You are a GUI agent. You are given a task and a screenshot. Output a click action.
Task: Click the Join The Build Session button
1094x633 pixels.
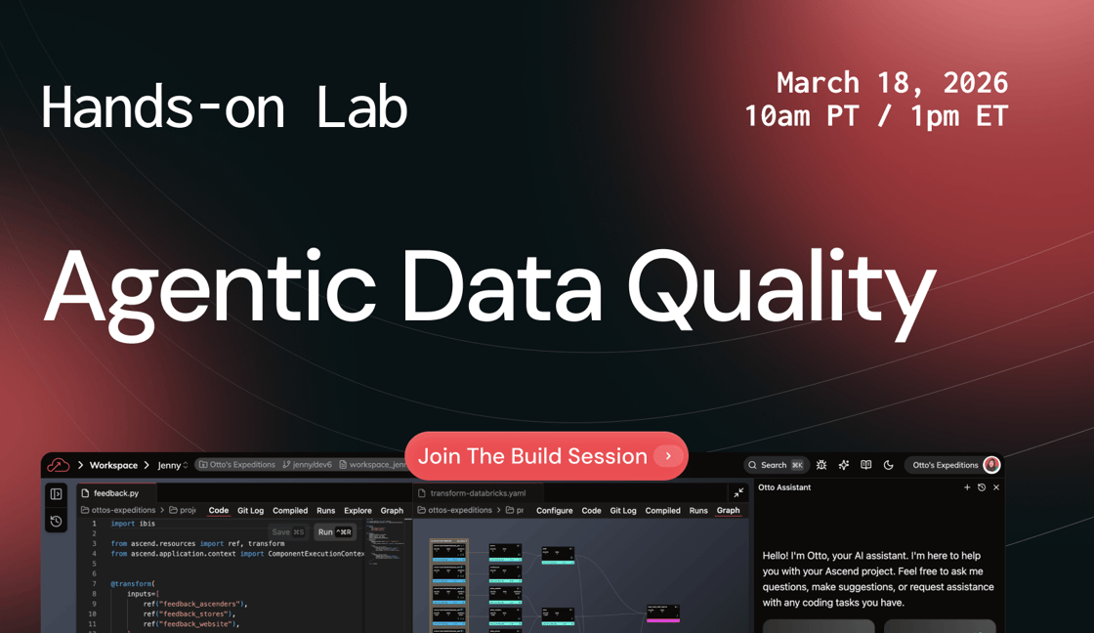(x=546, y=456)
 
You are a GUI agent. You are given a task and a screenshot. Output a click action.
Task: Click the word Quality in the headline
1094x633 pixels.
(x=780, y=284)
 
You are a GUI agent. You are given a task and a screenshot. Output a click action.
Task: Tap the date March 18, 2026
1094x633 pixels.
(x=892, y=82)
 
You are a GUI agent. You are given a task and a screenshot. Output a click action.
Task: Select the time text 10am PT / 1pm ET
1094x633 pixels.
(x=875, y=116)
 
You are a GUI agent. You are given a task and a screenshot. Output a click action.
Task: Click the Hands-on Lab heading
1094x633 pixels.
(x=224, y=107)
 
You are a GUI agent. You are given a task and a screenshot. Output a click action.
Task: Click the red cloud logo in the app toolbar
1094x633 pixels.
(x=59, y=466)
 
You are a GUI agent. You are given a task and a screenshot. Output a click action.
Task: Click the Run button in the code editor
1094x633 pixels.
(x=333, y=532)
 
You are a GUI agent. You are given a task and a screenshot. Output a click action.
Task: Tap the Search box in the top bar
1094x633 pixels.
(x=775, y=466)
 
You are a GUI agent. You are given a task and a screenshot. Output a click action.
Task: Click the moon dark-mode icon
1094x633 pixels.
(x=888, y=466)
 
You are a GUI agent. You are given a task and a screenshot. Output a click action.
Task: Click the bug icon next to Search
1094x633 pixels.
(x=821, y=466)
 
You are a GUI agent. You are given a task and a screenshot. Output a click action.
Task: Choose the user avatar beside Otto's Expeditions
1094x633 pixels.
(x=991, y=465)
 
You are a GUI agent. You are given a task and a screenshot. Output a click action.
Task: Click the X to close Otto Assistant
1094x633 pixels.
(x=996, y=487)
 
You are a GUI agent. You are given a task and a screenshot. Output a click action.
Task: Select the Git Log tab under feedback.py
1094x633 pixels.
(x=250, y=511)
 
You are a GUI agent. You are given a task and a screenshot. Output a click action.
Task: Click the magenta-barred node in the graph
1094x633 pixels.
(x=662, y=613)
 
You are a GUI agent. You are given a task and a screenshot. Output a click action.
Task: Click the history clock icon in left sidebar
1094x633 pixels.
(x=57, y=522)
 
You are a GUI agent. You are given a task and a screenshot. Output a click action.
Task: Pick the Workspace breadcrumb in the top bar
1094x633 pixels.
(x=113, y=466)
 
